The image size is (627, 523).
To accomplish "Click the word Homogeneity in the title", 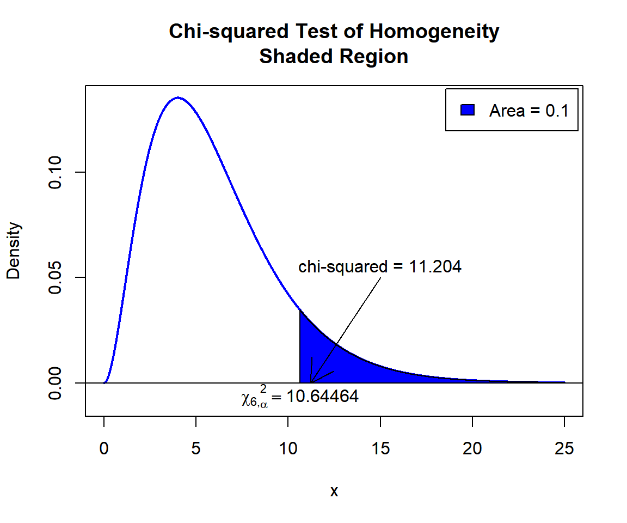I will pos(434,32).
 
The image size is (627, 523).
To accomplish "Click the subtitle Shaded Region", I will pos(334,56).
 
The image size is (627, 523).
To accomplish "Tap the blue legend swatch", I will pos(468,110).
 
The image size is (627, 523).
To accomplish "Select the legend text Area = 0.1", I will pos(528,111).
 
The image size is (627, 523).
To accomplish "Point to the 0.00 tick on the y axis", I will pos(56,382).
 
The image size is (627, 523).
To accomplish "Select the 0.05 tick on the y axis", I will pos(56,277).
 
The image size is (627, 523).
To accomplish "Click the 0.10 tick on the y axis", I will pos(56,172).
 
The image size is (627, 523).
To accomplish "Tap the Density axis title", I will pos(14,251).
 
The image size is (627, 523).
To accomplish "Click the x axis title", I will pos(334,491).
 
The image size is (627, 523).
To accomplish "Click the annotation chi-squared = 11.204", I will pos(380,267).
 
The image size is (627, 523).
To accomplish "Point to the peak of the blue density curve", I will pos(178,98).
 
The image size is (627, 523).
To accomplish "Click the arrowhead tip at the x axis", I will pos(311,382).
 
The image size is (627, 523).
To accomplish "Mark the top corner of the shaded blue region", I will pos(300,310).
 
